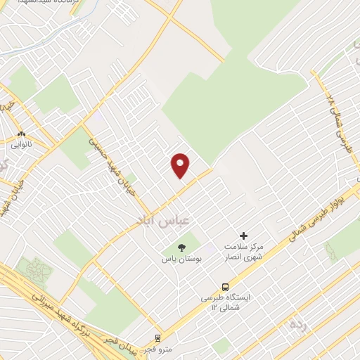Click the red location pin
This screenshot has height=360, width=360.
coord(181,165)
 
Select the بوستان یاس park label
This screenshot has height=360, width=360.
coord(181,259)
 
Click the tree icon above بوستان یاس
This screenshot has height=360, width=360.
coord(181,247)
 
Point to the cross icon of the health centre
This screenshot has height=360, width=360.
coord(244,236)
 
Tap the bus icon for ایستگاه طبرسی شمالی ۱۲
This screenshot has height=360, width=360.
coord(225,287)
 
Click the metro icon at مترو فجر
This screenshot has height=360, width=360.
coord(159,337)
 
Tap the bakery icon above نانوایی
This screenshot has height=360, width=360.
coord(21,134)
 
